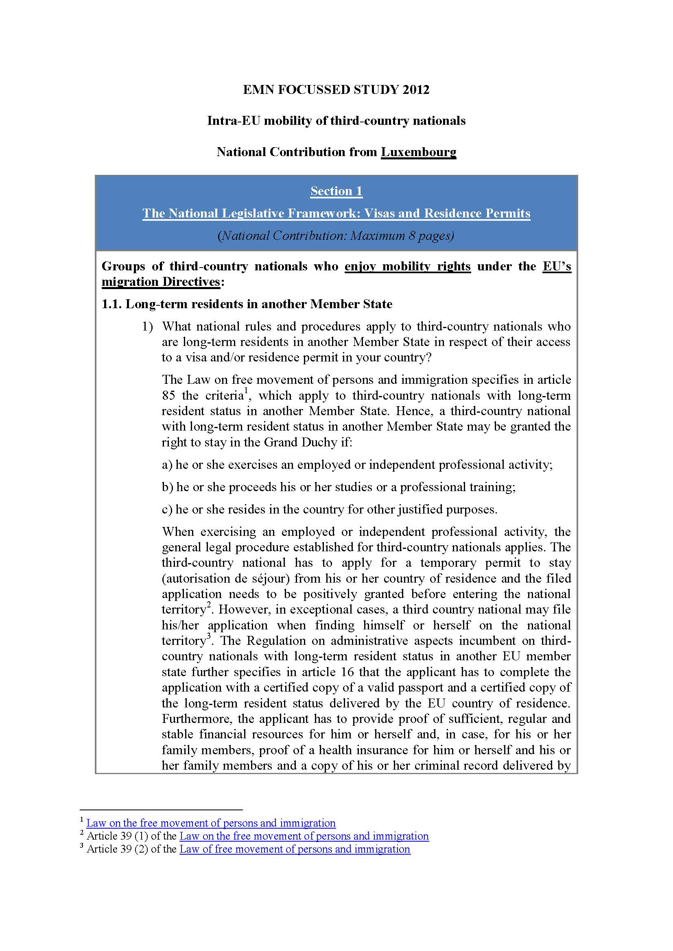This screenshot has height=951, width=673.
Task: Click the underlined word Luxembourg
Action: tap(419, 152)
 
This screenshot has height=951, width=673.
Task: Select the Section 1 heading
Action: tap(336, 191)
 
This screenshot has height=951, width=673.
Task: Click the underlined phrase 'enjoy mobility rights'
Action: tap(407, 266)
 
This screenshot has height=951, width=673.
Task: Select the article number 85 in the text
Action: tap(169, 396)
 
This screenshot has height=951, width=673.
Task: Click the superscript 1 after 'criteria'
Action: tap(246, 391)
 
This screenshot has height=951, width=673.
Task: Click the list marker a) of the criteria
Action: tap(167, 465)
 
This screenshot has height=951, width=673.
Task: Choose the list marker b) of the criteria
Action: tap(167, 487)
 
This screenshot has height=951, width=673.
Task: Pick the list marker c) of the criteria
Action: tap(167, 509)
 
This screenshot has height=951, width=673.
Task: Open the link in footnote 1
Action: tap(210, 823)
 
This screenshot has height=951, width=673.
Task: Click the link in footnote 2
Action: tap(304, 836)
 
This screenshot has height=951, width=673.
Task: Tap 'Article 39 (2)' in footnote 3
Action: tap(117, 849)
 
